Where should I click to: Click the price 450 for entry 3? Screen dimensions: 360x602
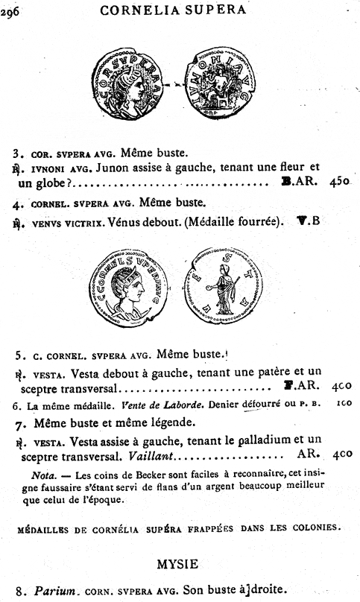[x=339, y=180]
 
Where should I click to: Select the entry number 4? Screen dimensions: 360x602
[x=16, y=202]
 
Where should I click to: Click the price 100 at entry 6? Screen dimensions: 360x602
[x=344, y=406]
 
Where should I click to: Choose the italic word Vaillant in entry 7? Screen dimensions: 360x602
[x=148, y=454]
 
